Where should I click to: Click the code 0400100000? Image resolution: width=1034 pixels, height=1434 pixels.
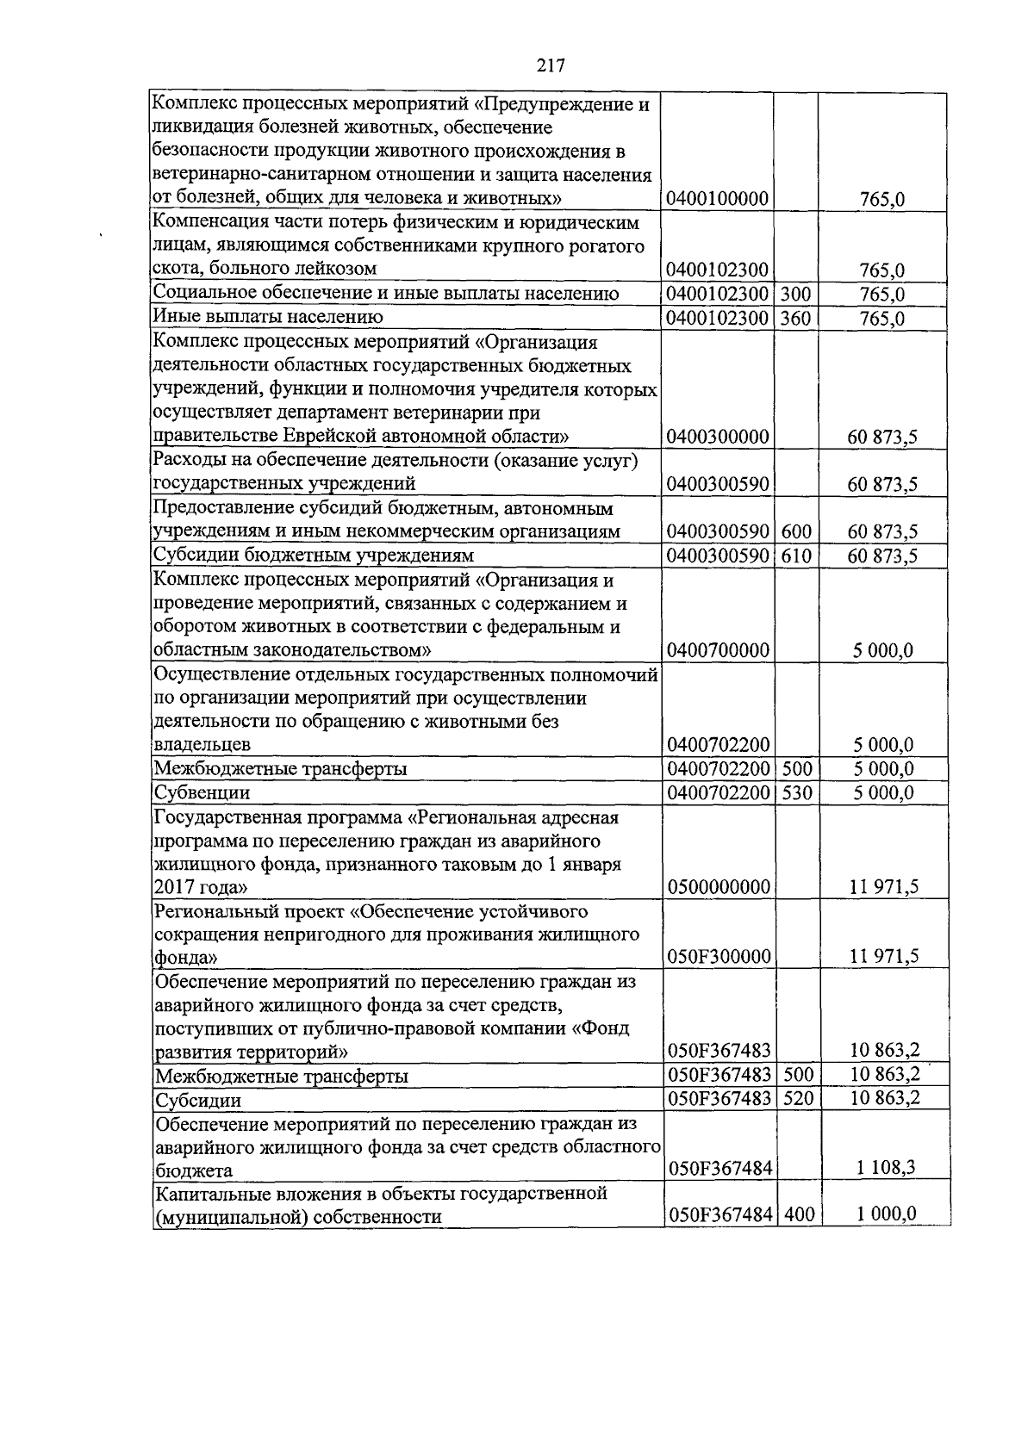[x=718, y=200]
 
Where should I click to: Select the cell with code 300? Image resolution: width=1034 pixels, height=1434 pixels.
[x=795, y=295]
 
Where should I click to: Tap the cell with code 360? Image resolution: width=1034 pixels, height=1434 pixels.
[x=795, y=319]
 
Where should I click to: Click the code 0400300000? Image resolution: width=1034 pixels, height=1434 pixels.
[x=718, y=438]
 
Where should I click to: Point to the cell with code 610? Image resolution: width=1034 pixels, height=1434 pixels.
[x=795, y=556]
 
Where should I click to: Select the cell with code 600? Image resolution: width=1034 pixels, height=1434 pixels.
[x=795, y=532]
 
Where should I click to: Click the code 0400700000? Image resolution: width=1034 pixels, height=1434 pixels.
[x=718, y=650]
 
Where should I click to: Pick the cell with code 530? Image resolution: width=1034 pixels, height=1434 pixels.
[x=795, y=792]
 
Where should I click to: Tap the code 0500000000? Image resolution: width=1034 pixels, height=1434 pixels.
[x=718, y=887]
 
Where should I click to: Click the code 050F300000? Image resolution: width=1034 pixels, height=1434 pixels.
[x=718, y=956]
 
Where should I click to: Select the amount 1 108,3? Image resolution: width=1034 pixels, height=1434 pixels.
[x=888, y=1169]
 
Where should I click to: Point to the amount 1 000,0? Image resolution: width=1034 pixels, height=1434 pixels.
[x=888, y=1215]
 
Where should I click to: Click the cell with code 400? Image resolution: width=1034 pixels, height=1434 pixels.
[x=799, y=1215]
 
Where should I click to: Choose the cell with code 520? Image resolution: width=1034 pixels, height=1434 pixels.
[x=799, y=1099]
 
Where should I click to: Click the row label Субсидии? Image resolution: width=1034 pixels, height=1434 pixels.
[x=197, y=1101]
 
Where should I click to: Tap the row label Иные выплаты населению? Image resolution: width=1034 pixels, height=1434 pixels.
[x=268, y=318]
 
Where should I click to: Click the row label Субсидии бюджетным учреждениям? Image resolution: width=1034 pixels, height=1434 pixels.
[x=314, y=556]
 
